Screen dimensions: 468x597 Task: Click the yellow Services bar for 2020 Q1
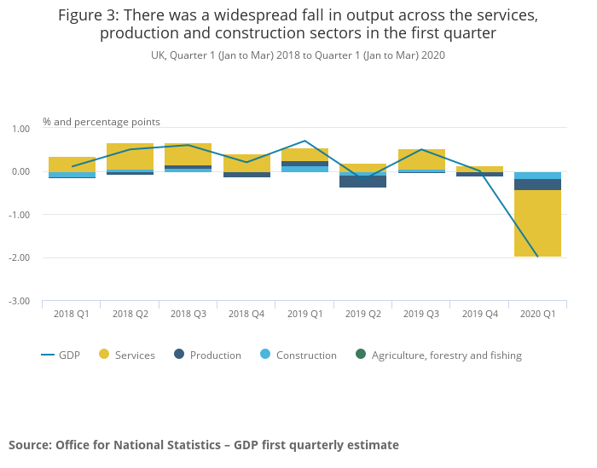(x=537, y=223)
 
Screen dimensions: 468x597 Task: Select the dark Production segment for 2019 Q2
(x=362, y=182)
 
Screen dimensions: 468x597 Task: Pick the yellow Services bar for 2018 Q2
(x=130, y=157)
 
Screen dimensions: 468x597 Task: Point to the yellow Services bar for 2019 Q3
(x=421, y=159)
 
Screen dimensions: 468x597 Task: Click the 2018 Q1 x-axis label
(x=72, y=314)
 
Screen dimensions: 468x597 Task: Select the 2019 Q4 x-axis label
(x=479, y=314)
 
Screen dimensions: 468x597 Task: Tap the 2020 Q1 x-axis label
(x=537, y=314)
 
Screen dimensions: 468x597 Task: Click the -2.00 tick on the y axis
(x=19, y=257)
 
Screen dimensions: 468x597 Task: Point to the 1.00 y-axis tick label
(x=20, y=129)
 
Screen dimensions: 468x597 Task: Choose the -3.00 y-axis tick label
(x=19, y=301)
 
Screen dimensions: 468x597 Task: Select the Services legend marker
(x=104, y=355)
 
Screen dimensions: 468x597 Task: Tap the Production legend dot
(x=179, y=355)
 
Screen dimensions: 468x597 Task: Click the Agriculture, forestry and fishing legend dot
(x=361, y=355)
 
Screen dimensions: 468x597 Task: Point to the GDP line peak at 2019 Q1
(x=304, y=141)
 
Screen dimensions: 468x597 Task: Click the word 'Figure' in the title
(x=79, y=15)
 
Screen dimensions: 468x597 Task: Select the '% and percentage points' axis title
(x=101, y=122)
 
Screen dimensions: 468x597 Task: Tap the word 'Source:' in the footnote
(x=30, y=445)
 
